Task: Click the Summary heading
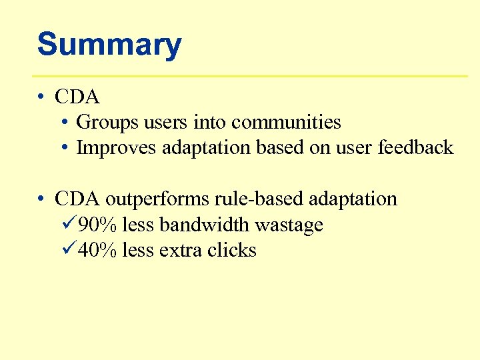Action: [109, 45]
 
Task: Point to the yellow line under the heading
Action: [250, 76]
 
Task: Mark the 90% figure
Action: [98, 225]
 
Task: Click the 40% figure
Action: [98, 251]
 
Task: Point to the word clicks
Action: [231, 251]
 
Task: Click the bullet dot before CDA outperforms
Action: [42, 199]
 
